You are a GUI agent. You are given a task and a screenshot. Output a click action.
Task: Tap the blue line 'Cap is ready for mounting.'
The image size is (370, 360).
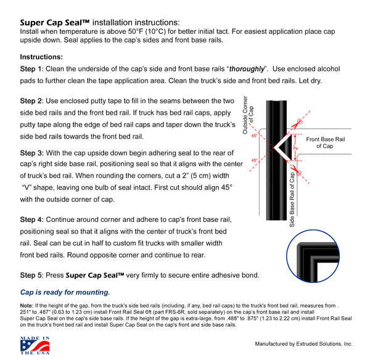point(65,292)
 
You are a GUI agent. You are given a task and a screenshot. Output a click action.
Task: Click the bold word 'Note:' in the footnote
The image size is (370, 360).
point(27,306)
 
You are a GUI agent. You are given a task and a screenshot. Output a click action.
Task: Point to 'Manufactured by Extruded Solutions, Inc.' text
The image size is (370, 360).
point(303,344)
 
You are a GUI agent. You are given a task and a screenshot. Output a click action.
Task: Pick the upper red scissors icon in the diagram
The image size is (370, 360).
point(295,122)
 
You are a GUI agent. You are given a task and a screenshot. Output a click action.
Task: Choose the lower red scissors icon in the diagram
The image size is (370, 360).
point(295,170)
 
